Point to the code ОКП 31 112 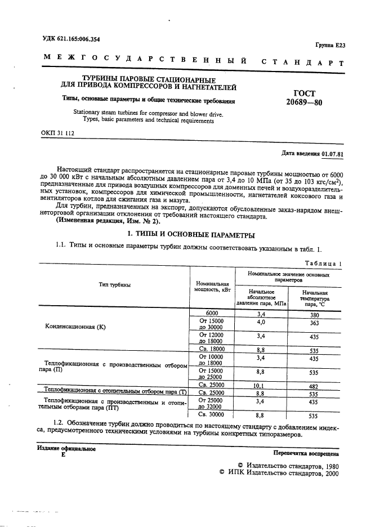coord(57,133)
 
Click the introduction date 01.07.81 coord(333,154)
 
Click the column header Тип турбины coord(113,285)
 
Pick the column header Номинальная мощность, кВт coord(211,287)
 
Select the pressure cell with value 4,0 coord(261,323)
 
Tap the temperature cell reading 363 coord(314,324)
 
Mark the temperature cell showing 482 coord(314,387)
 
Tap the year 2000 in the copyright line coord(328,475)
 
